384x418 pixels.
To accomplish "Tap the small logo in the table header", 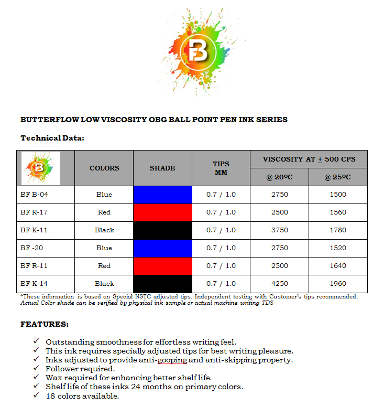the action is click(41, 168).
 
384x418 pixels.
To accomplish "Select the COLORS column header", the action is click(104, 168).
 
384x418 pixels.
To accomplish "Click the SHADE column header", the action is click(162, 168).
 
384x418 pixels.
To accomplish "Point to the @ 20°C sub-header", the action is click(279, 177).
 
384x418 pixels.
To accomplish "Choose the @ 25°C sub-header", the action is click(337, 177).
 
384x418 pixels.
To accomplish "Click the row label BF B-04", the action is click(35, 195).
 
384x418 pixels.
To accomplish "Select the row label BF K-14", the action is click(35, 284).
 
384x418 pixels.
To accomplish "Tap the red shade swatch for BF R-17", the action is click(162, 212).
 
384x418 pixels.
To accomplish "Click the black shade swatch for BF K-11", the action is click(162, 230).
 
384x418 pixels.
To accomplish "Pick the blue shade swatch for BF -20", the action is click(162, 248).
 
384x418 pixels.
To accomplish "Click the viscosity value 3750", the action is click(279, 230).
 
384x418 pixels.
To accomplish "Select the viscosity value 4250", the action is click(279, 284).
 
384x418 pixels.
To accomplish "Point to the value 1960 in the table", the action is click(338, 284).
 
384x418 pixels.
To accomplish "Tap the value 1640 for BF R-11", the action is click(338, 266).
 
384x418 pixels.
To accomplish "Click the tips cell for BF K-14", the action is click(221, 284).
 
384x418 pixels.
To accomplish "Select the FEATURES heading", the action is click(44, 324).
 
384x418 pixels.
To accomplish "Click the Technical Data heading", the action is click(52, 138).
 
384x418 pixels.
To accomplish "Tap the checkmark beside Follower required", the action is click(36, 369).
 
